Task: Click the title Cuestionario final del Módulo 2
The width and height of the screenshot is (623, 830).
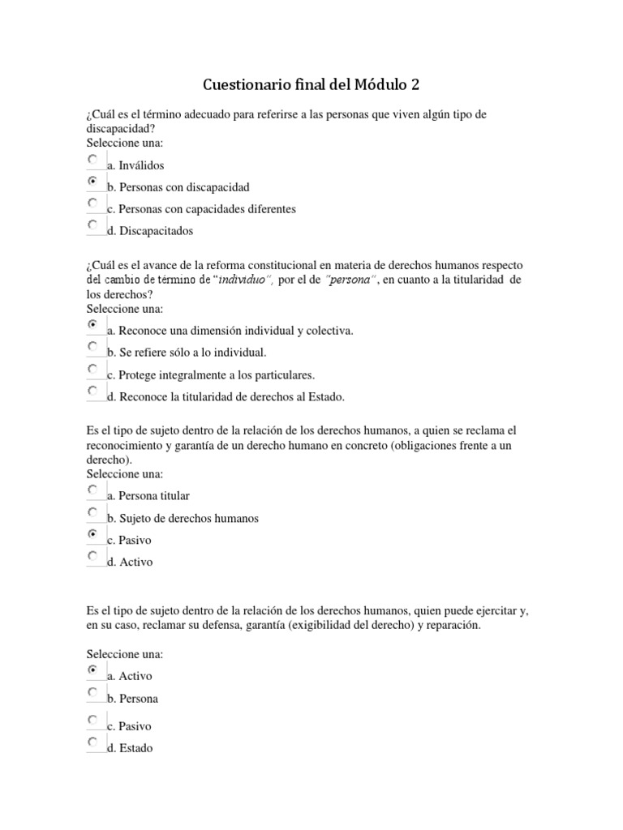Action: pos(311,85)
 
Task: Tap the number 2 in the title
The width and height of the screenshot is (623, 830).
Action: pos(416,85)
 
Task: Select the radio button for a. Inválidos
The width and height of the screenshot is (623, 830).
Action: pos(93,160)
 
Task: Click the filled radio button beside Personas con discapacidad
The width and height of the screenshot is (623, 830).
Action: pos(93,182)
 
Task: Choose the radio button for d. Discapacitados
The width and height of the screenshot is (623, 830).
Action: pos(93,225)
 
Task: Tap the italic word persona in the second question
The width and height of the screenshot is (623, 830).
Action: pos(350,280)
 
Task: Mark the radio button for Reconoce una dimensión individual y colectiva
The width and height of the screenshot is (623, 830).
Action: pos(93,325)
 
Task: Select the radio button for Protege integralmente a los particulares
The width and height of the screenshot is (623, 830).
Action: pos(93,369)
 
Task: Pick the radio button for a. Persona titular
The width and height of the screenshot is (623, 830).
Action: pos(93,490)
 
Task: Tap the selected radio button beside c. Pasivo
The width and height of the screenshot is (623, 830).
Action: pos(93,534)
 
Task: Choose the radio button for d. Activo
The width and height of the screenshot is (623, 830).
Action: pos(93,556)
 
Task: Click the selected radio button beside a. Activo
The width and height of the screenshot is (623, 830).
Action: pos(93,670)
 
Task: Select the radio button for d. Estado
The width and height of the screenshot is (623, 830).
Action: pos(93,742)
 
